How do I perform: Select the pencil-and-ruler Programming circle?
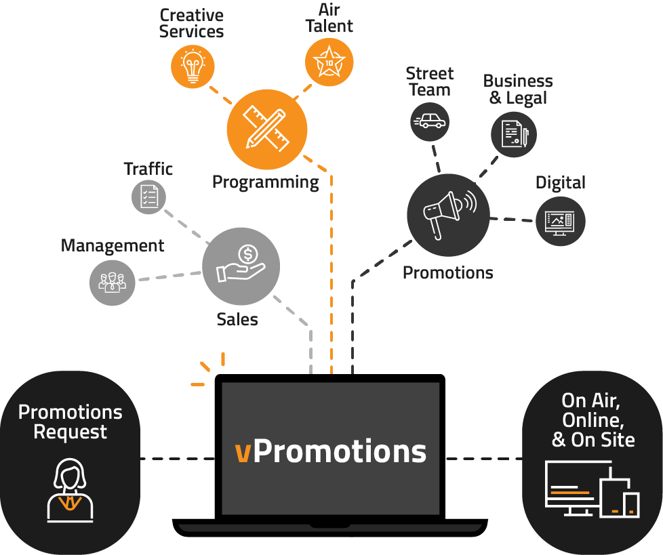pos(266,128)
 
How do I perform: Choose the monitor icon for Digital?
pos(560,220)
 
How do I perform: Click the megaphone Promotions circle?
pos(447,215)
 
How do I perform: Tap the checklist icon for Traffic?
pos(148,197)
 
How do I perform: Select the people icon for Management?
pos(112,281)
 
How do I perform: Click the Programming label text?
pos(265,182)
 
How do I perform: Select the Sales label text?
pos(237,318)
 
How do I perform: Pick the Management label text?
pos(113,245)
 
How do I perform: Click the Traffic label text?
pos(148,169)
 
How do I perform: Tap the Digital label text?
pos(560,182)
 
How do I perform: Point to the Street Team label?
pos(429,81)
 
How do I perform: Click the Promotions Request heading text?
pos(71,422)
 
